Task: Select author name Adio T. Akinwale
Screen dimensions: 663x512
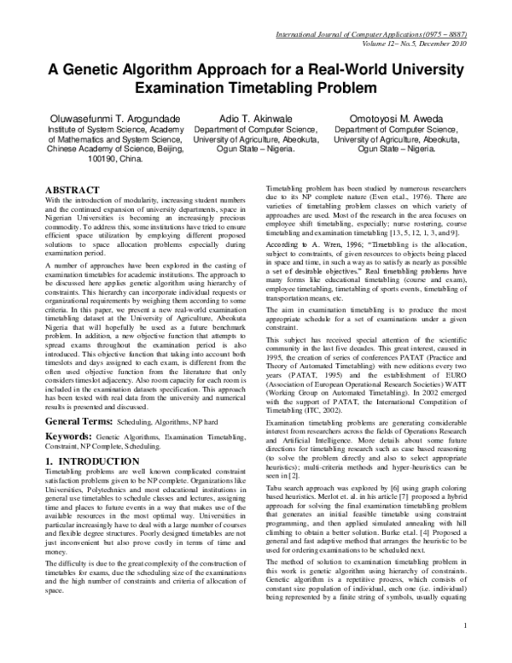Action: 255,117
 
